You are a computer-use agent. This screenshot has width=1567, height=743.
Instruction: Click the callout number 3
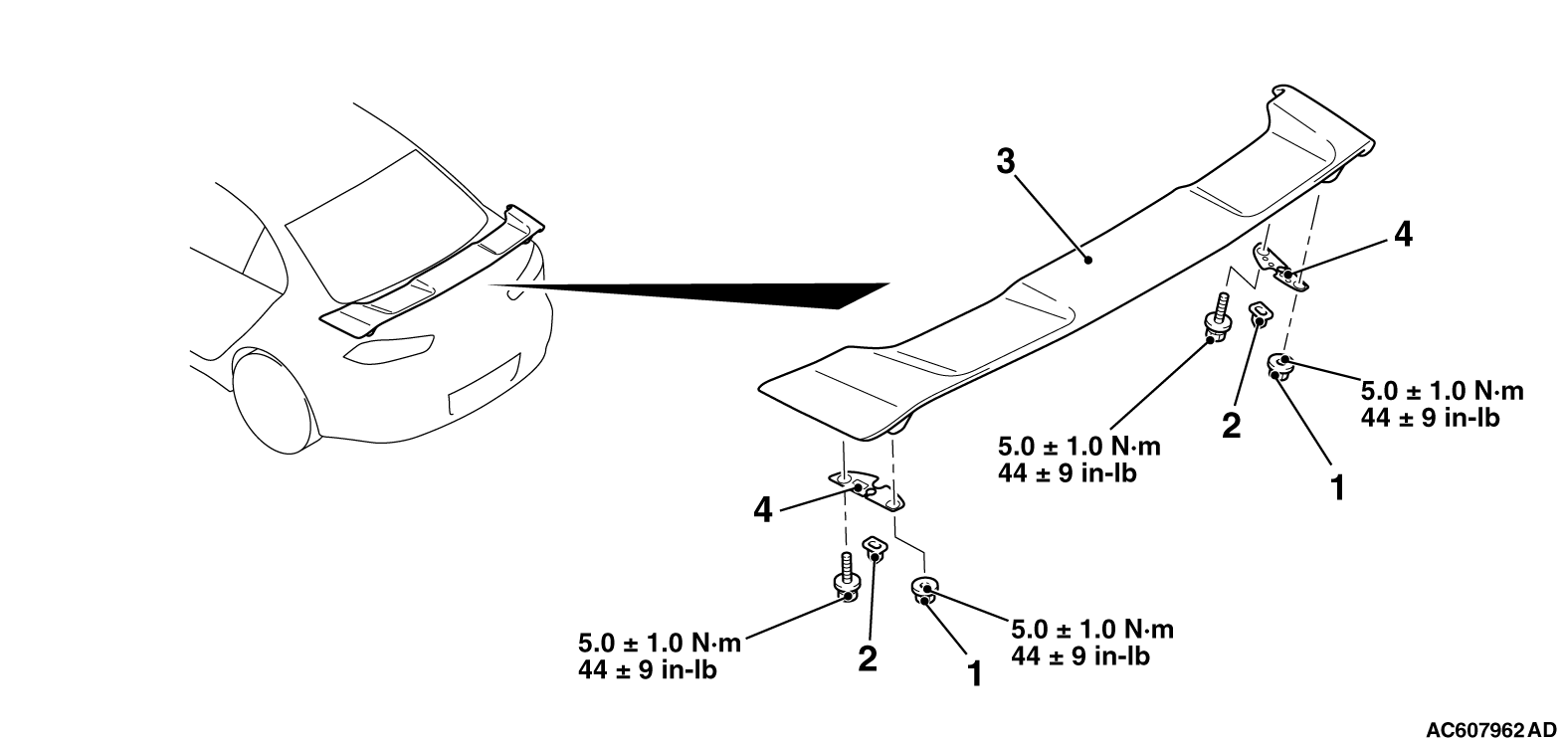tap(1005, 161)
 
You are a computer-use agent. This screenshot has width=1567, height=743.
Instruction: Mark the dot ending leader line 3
tap(1087, 261)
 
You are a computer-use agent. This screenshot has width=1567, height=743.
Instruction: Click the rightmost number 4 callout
tap(1403, 235)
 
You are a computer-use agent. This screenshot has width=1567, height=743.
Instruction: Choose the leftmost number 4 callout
tap(763, 510)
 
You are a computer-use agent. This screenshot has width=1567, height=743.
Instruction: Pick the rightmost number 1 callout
tap(1338, 487)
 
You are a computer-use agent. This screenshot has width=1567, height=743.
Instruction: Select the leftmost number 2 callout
tap(868, 658)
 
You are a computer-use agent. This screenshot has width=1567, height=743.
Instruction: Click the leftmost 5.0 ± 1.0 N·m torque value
tap(660, 643)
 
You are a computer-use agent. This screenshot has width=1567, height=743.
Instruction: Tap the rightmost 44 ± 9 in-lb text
tap(1431, 418)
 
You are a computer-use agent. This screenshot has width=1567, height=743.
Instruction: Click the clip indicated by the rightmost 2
tap(1260, 314)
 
